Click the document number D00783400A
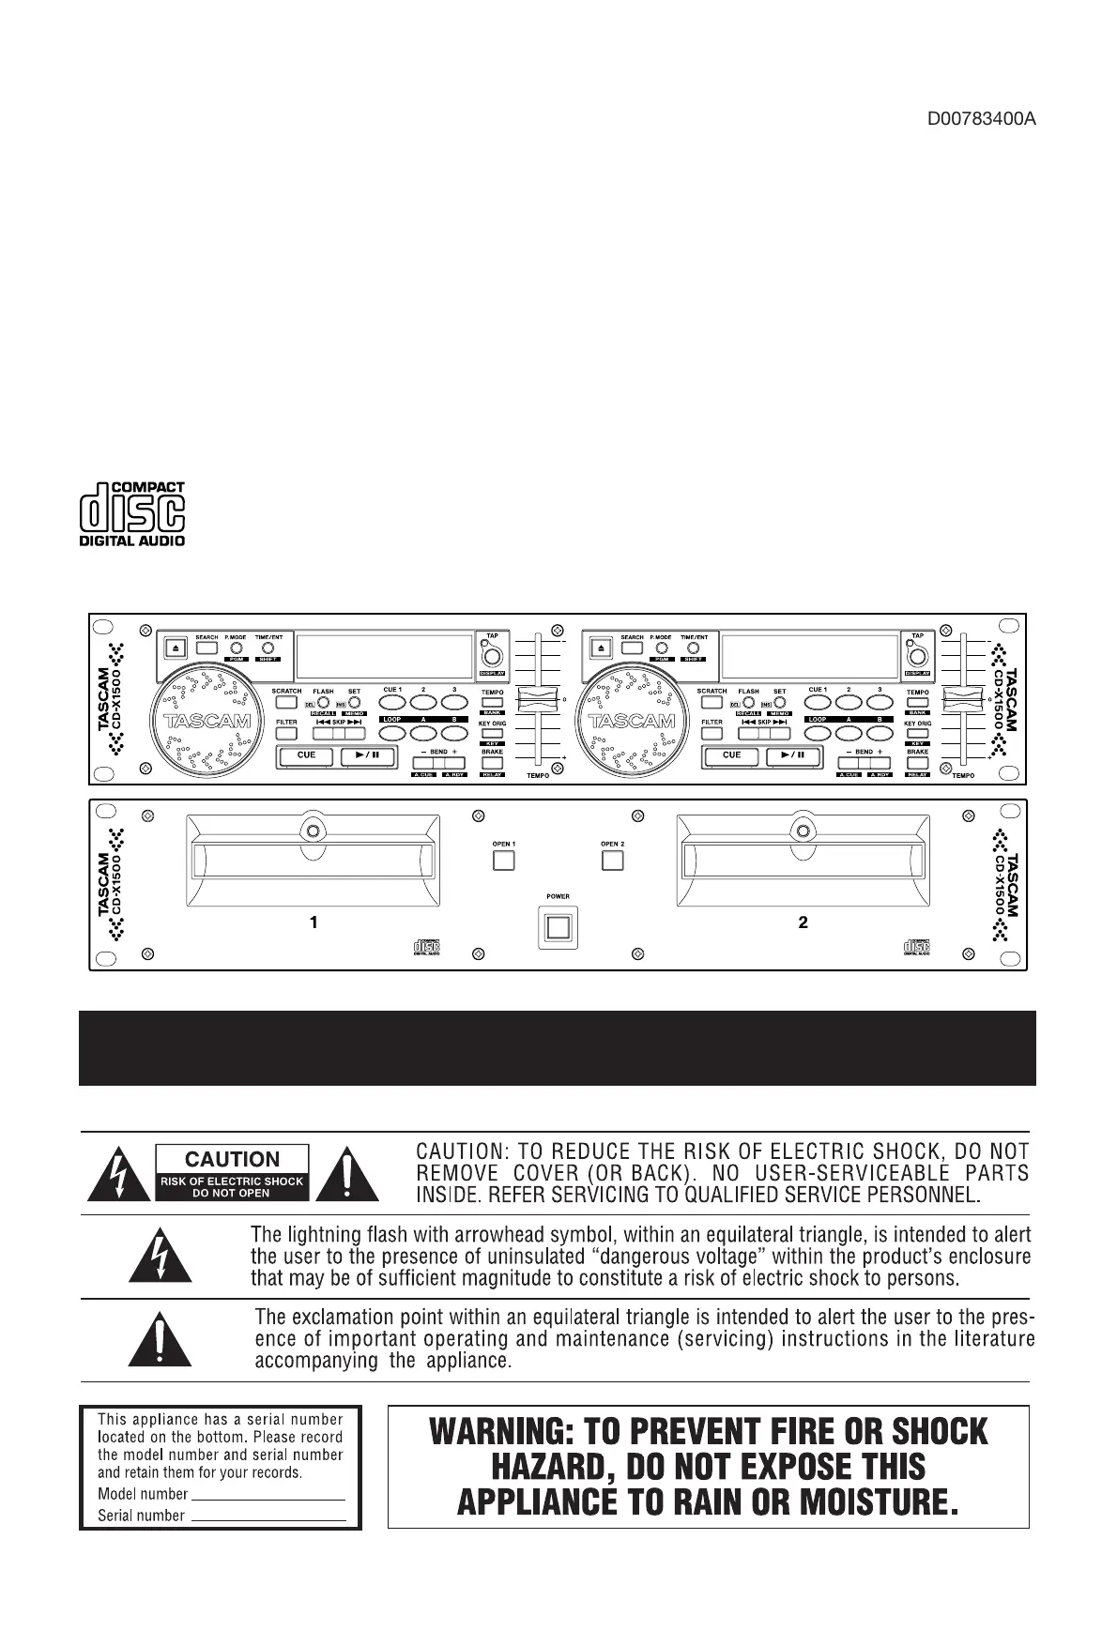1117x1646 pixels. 981,120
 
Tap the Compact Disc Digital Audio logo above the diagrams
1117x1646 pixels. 131,513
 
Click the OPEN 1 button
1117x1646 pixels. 504,860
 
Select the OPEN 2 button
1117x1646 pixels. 613,860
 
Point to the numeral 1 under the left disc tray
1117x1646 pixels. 314,922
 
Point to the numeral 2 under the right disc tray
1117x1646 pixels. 803,922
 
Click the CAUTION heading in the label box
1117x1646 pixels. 232,1159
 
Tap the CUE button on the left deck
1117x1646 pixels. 306,756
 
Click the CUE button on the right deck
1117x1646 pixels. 732,756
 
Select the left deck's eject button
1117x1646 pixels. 178,648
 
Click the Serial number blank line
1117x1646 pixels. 269,1517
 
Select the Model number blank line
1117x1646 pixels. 268,1496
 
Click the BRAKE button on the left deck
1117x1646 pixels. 492,763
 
